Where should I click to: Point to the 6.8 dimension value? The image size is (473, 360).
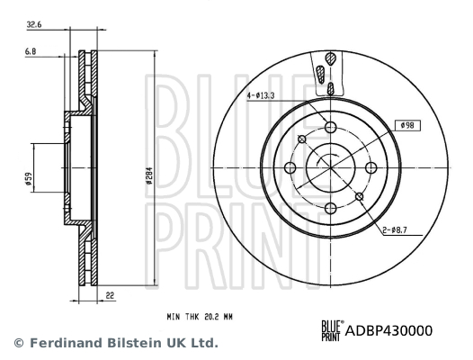coord(31,53)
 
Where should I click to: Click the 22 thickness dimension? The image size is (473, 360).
coord(111,294)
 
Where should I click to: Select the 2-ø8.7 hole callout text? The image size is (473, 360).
coord(394,230)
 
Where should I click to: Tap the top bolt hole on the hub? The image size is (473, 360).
coord(329,128)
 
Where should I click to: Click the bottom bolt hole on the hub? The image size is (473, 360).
coord(329,207)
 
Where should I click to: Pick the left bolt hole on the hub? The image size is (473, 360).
coord(290,167)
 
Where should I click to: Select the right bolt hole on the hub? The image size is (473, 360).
coord(369,167)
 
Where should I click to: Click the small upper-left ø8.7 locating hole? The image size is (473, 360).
coord(301,139)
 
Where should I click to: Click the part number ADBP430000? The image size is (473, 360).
coord(388,330)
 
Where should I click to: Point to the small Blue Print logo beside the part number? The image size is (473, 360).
coord(331,330)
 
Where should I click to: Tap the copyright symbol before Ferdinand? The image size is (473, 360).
coord(17,343)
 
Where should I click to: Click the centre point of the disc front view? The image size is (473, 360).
coord(329,167)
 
